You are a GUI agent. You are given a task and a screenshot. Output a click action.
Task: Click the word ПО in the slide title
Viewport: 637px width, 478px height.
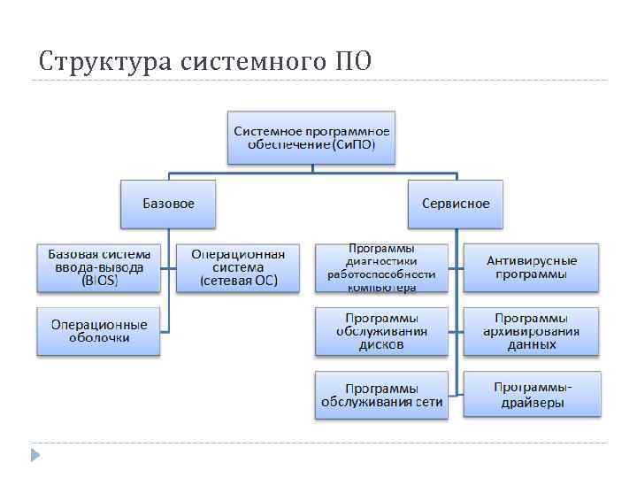(x=354, y=62)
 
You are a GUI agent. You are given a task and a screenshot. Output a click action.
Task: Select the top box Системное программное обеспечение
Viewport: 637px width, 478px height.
(x=311, y=137)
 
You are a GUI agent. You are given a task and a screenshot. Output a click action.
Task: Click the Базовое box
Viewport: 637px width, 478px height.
(x=169, y=204)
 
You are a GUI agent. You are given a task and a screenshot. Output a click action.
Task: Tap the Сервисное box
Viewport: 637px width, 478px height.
(x=456, y=204)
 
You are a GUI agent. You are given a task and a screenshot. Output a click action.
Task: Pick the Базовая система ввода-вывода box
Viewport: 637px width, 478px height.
(x=99, y=267)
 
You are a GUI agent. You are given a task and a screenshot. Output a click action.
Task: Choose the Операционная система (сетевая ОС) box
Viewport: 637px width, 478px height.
(x=238, y=267)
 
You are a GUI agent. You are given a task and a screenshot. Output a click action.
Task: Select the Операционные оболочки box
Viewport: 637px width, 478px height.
(x=99, y=330)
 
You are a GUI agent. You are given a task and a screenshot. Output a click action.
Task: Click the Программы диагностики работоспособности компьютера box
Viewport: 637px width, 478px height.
(x=381, y=267)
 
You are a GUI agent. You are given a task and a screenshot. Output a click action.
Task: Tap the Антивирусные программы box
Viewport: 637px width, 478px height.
(x=532, y=267)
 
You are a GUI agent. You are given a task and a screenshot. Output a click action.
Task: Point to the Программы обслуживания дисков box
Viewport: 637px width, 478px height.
(x=381, y=331)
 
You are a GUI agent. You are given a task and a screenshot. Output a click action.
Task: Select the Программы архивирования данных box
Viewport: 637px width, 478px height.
(x=532, y=331)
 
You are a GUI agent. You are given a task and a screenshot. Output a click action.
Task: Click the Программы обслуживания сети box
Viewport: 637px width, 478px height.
(x=381, y=395)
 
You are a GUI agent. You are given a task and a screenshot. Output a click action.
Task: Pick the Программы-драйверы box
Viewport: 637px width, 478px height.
(x=532, y=395)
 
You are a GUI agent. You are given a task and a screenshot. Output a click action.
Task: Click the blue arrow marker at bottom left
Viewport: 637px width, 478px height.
(x=35, y=455)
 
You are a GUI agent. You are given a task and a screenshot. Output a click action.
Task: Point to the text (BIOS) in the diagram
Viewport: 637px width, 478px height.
(x=99, y=281)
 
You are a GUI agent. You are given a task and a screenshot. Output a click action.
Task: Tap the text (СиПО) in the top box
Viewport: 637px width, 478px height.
(x=353, y=144)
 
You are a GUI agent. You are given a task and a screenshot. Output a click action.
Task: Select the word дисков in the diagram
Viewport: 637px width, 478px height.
(x=381, y=344)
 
